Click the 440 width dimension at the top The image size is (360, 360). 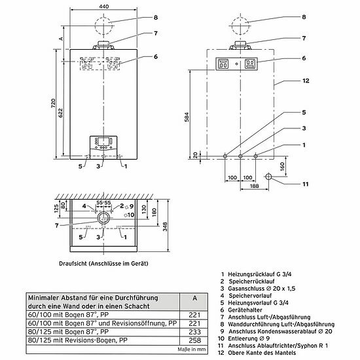(103, 5)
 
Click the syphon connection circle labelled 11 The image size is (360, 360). (268, 177)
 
